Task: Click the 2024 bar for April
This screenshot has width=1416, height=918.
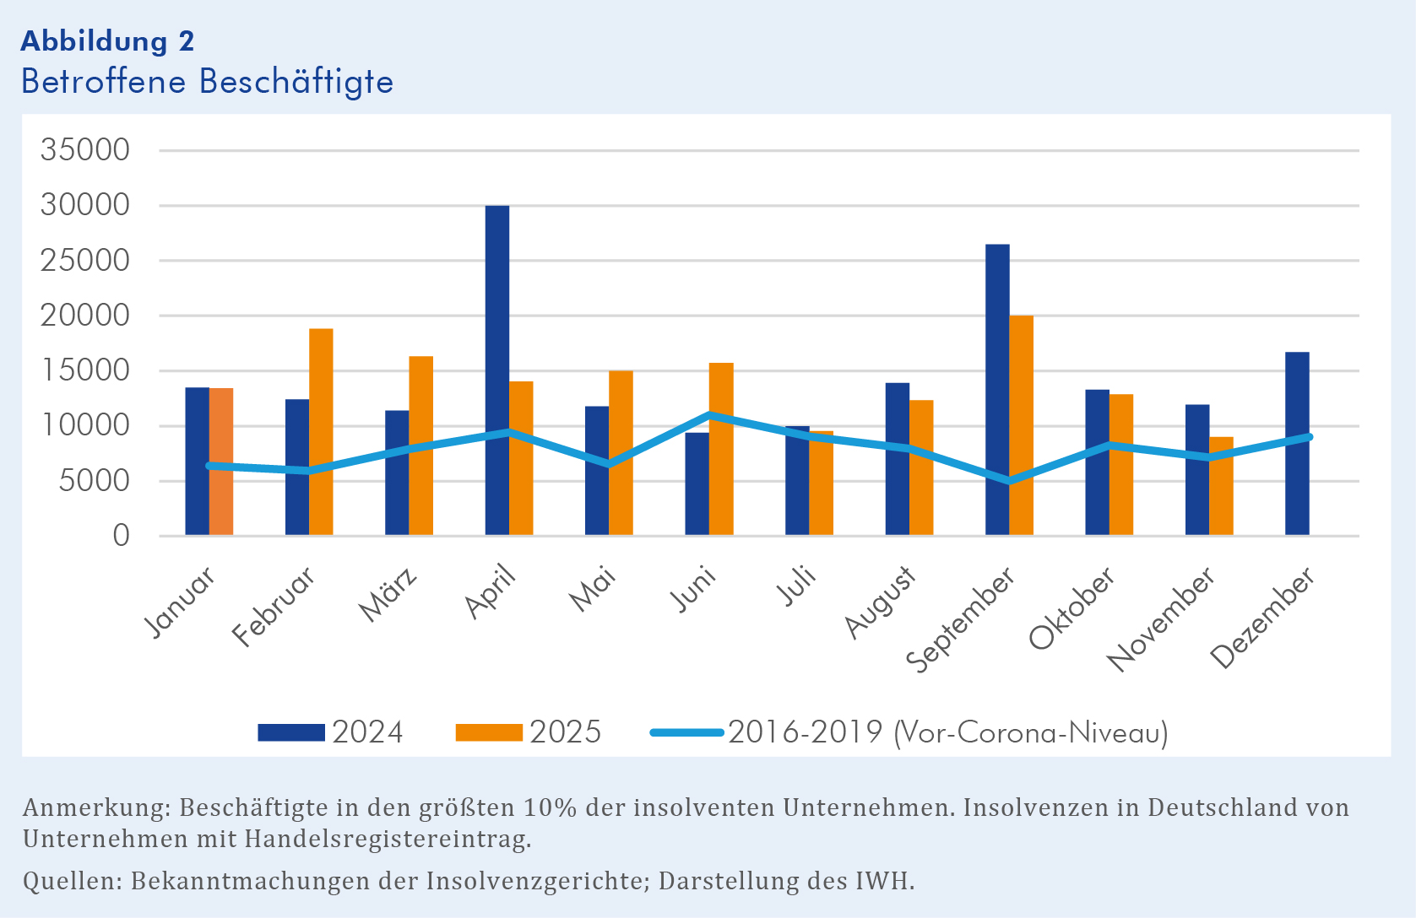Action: (x=497, y=370)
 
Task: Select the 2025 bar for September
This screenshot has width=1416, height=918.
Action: (x=1021, y=425)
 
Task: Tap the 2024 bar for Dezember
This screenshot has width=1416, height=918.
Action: (x=1297, y=444)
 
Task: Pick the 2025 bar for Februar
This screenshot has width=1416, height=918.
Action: (x=321, y=432)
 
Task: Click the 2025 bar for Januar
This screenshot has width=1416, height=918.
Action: (x=221, y=462)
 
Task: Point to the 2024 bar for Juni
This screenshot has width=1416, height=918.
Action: (x=697, y=483)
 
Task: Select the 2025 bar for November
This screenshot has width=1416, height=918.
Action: (x=1221, y=486)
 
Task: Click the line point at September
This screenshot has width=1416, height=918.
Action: (x=1008, y=481)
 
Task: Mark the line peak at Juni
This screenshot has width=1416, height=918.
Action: (x=709, y=415)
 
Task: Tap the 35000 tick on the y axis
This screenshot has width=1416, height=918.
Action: (x=85, y=150)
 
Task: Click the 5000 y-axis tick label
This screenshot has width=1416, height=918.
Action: (x=85, y=481)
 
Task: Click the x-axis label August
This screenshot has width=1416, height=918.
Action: (x=881, y=602)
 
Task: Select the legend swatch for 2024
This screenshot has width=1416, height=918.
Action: (x=291, y=732)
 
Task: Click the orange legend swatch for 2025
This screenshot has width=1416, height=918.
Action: (x=489, y=732)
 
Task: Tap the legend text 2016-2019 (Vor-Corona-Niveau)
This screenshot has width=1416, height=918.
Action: (x=948, y=732)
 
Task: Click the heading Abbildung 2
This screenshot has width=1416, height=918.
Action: (x=107, y=40)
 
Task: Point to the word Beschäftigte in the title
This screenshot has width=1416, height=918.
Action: (x=296, y=82)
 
